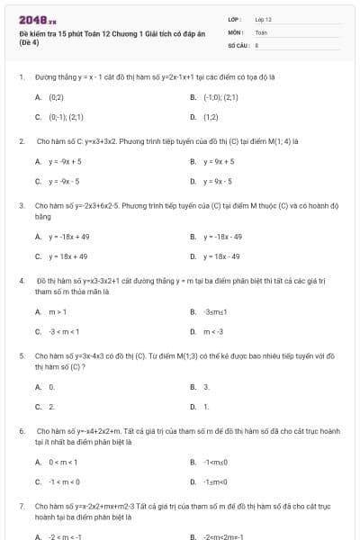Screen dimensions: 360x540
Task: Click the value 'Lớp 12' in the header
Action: click(263, 19)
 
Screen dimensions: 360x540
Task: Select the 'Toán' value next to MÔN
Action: click(261, 31)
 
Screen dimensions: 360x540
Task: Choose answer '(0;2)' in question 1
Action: click(56, 96)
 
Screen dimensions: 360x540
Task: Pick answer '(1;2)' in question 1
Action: click(211, 117)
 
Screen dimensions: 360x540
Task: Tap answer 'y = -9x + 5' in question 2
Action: click(65, 161)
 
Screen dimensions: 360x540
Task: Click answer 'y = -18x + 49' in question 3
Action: click(68, 237)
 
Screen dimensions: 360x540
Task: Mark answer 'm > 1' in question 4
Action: click(58, 312)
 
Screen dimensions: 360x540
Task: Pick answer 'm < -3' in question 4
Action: click(212, 331)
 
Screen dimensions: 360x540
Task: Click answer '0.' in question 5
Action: click(51, 387)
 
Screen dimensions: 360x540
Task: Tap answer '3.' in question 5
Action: click(206, 387)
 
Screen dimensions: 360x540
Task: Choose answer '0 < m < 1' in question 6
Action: click(62, 463)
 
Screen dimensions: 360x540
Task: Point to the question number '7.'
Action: click(21, 508)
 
